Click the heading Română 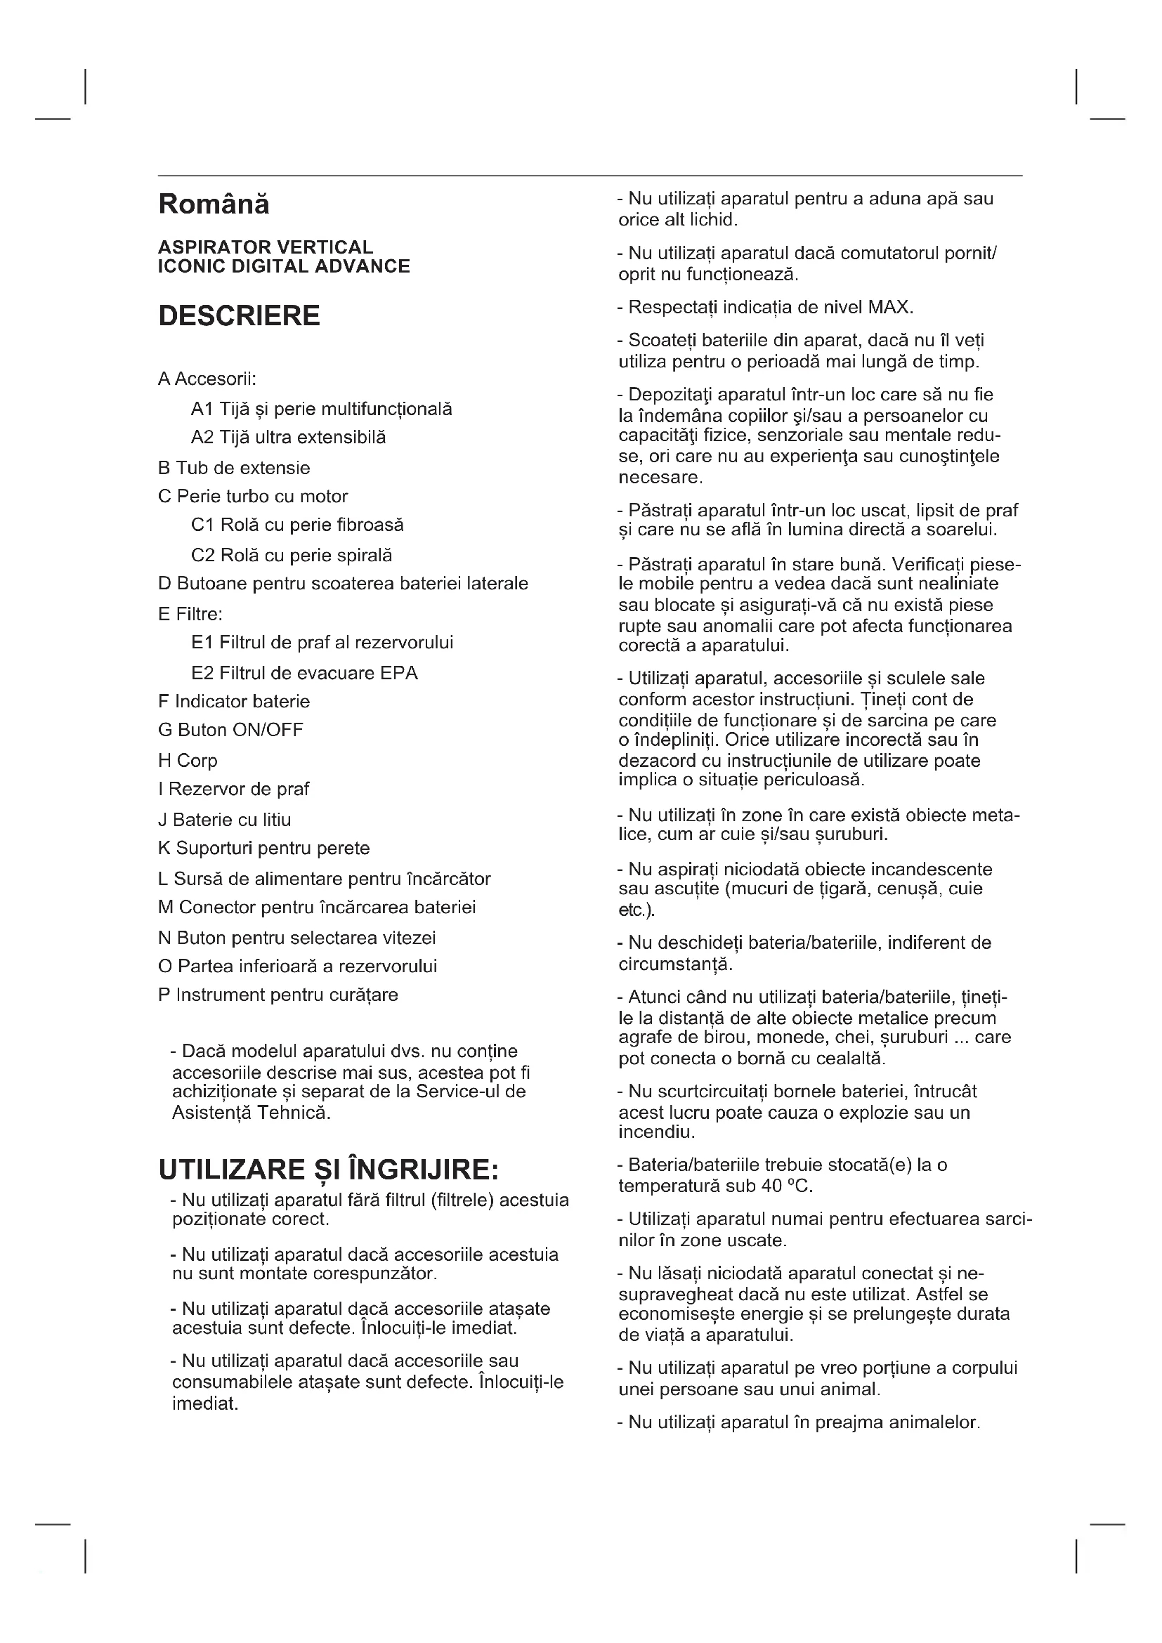click(x=214, y=204)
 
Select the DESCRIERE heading click(x=239, y=315)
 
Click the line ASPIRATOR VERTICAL click(x=266, y=247)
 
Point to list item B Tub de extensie click(x=234, y=468)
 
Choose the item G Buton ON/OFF click(x=230, y=730)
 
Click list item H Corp click(x=188, y=760)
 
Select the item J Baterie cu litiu click(x=224, y=819)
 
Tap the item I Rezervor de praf click(x=233, y=789)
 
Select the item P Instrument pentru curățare click(x=278, y=995)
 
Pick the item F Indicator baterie click(x=233, y=701)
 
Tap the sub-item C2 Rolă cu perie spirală click(x=292, y=556)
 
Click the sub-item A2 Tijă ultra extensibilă click(x=287, y=437)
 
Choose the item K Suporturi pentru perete click(x=263, y=848)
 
